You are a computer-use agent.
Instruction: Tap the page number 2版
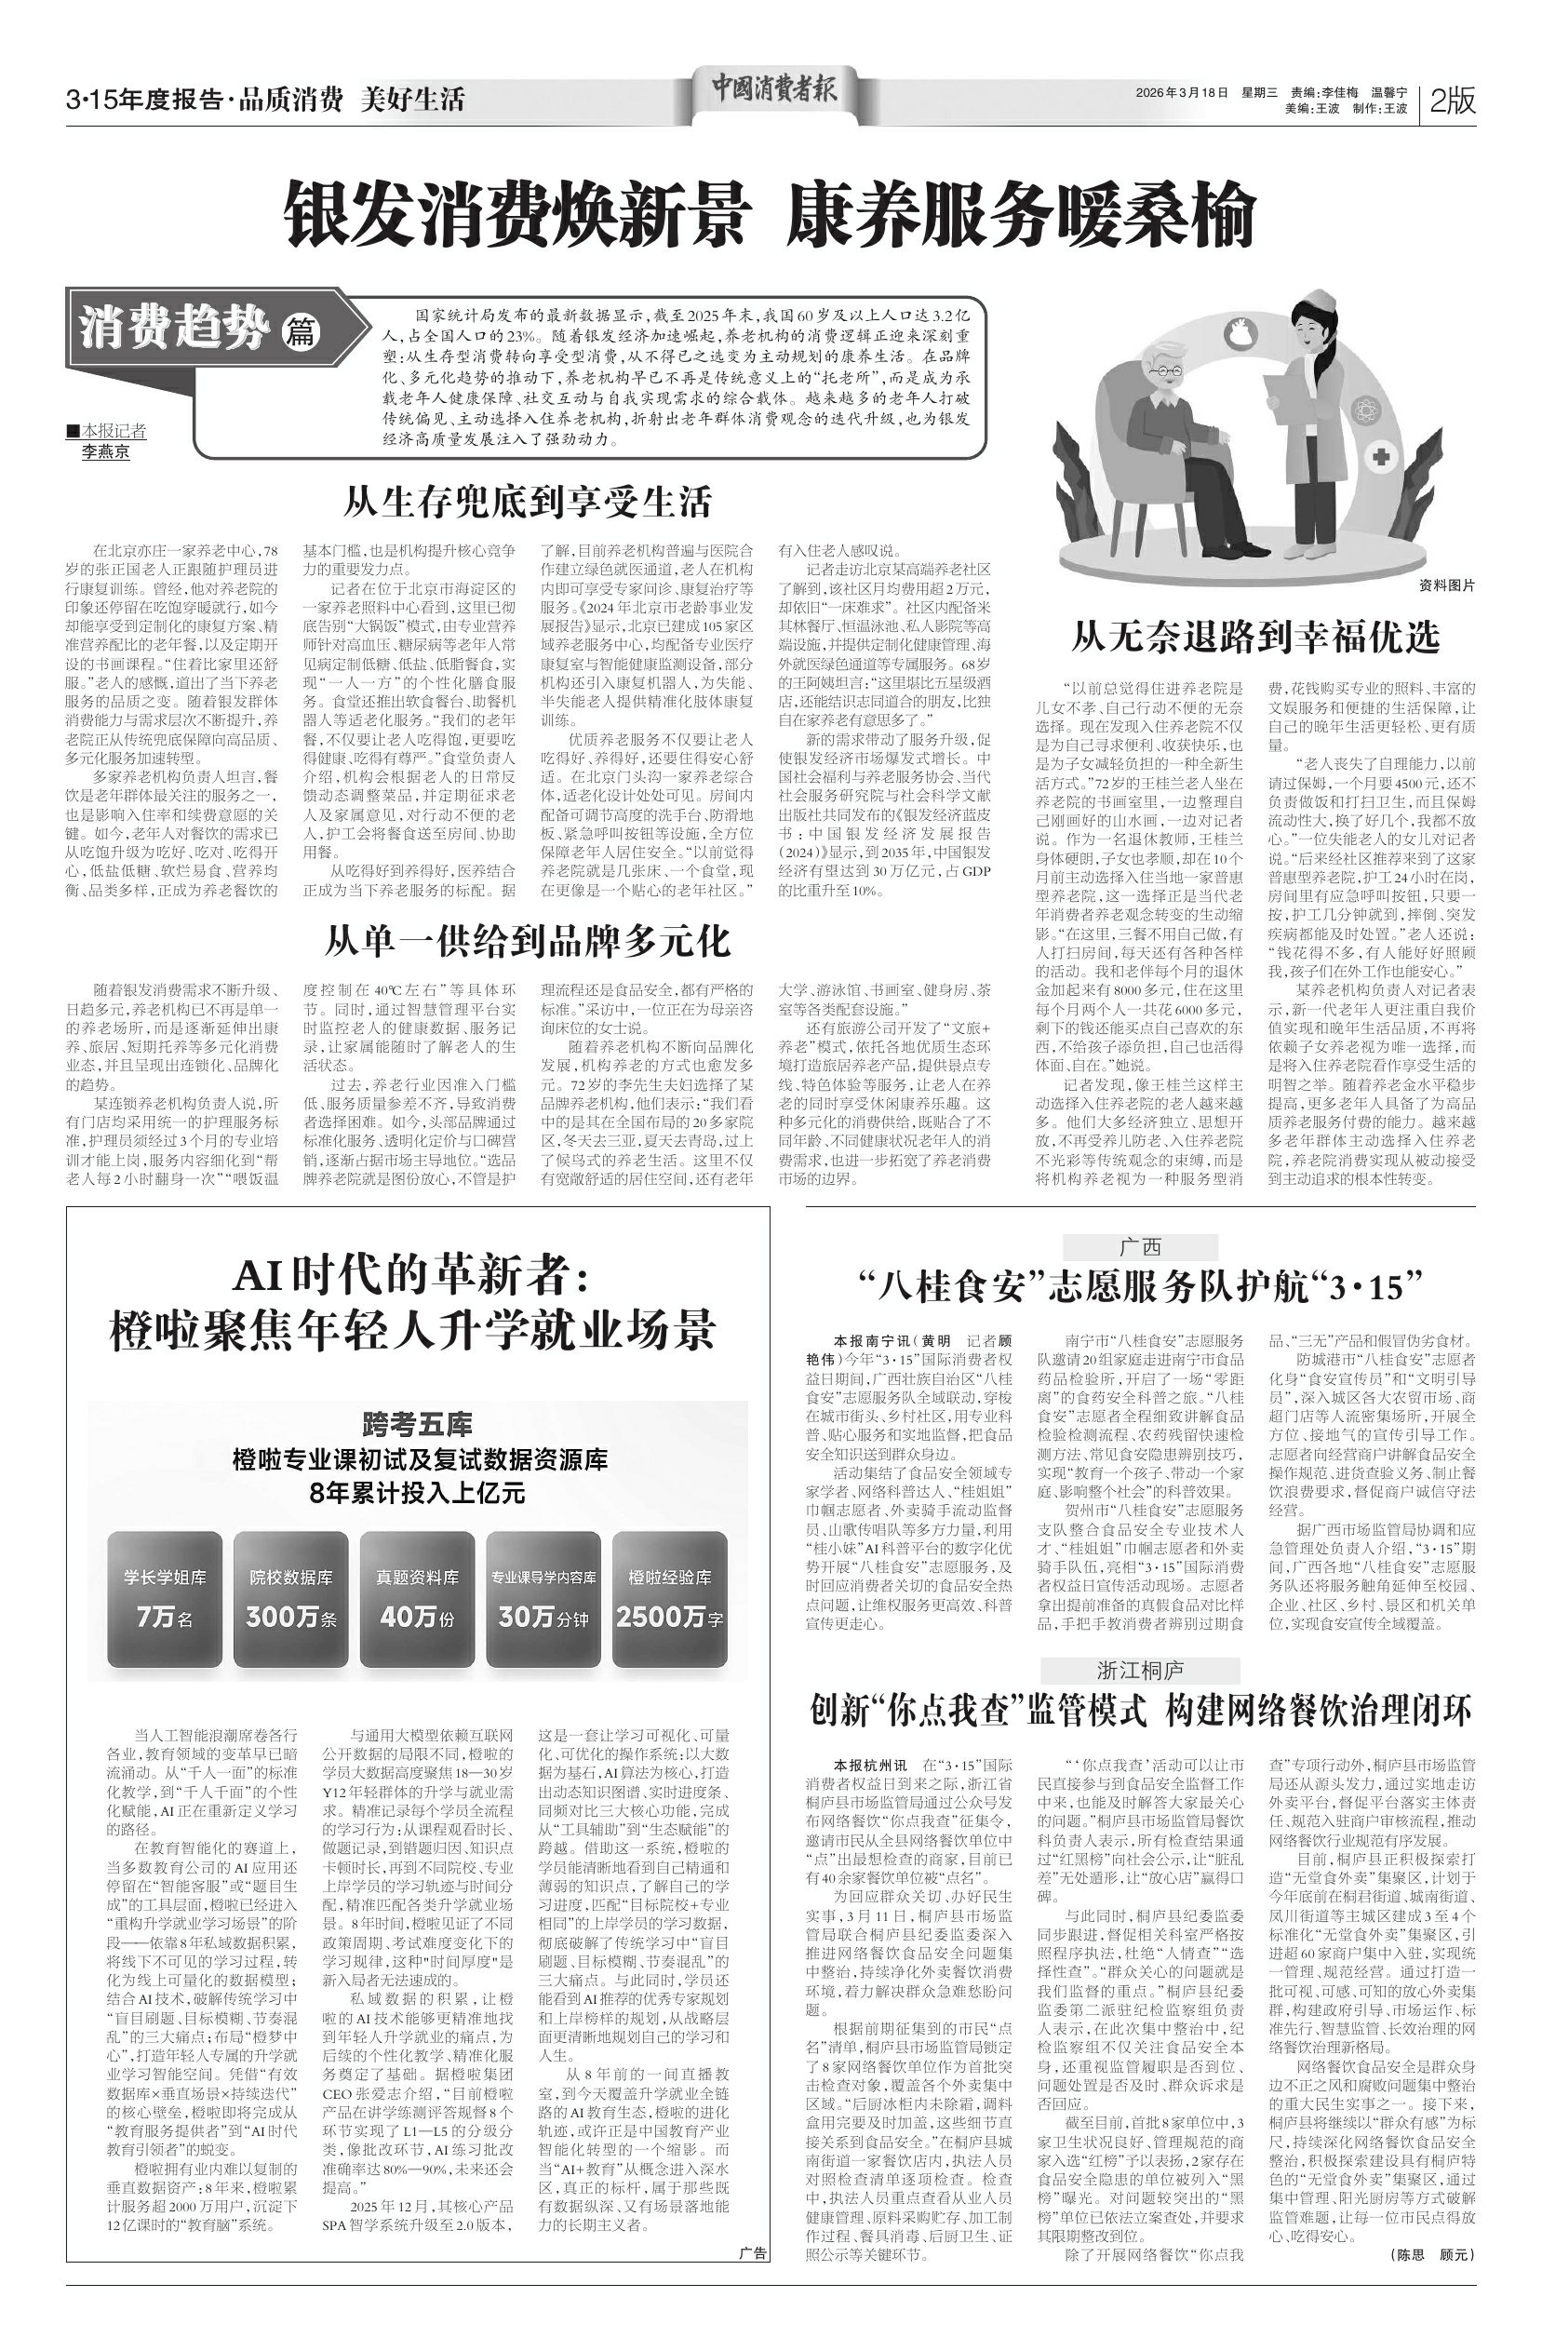point(1452,101)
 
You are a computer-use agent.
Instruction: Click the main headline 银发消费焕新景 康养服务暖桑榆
point(771,213)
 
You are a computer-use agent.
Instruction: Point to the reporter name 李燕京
point(106,452)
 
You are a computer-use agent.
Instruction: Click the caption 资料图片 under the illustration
point(1446,585)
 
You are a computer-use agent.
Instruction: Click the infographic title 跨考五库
point(417,1424)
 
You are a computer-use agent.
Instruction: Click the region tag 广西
point(1140,1246)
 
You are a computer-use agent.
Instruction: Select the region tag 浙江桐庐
point(1140,1671)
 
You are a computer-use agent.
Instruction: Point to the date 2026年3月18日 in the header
point(1182,92)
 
